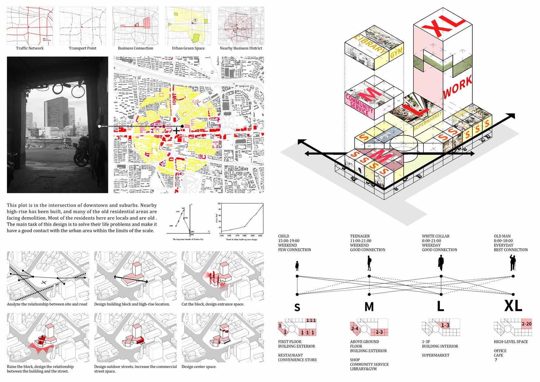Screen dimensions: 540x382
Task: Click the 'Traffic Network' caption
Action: pyautogui.click(x=30, y=48)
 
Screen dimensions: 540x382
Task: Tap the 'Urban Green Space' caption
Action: pyautogui.click(x=188, y=48)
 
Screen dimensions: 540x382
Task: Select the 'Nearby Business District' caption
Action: pyautogui.click(x=241, y=48)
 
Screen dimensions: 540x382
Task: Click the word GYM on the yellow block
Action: pyautogui.click(x=396, y=51)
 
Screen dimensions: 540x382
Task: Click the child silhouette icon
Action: pyautogui.click(x=297, y=266)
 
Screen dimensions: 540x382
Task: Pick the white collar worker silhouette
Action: pyautogui.click(x=441, y=263)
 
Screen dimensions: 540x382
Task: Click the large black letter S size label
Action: pyautogui.click(x=297, y=307)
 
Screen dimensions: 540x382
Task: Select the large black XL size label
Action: pyautogui.click(x=513, y=306)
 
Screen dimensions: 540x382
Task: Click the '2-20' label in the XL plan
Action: pyautogui.click(x=527, y=324)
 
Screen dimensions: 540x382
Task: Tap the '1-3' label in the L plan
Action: pyautogui.click(x=445, y=325)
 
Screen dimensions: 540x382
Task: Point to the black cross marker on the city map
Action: pyautogui.click(x=176, y=131)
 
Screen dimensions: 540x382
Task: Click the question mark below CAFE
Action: pyautogui.click(x=496, y=360)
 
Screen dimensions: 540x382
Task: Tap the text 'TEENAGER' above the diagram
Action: pyautogui.click(x=359, y=236)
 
